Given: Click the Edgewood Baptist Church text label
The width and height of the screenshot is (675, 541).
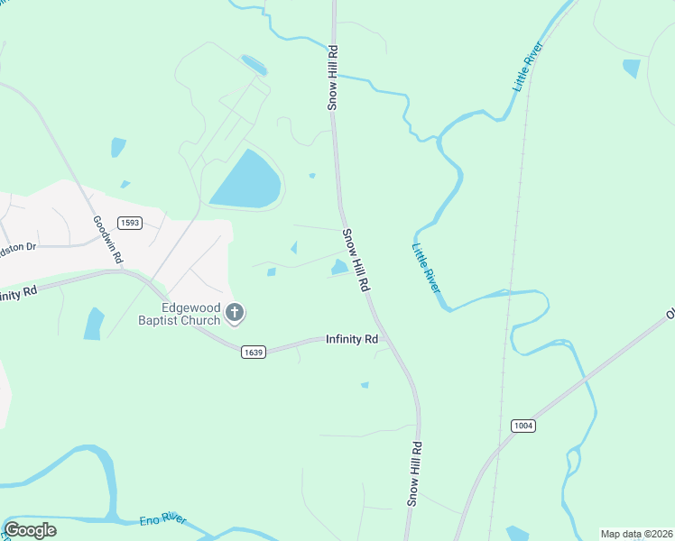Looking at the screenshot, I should click(x=179, y=314).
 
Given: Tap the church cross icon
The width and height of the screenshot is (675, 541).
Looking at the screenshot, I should click(x=235, y=314).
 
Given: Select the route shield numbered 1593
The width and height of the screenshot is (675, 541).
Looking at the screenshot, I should click(x=130, y=223).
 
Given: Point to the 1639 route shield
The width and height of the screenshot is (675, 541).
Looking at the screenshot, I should click(x=254, y=353).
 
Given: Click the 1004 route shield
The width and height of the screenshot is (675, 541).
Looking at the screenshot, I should click(x=523, y=426).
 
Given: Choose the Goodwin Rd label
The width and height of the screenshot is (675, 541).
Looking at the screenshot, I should click(x=107, y=239).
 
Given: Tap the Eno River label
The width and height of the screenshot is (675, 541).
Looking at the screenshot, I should click(x=162, y=520).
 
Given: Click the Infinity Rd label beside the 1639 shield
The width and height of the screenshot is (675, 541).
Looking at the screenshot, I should click(x=351, y=340).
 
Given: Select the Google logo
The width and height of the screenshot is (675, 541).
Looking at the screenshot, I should click(x=30, y=530).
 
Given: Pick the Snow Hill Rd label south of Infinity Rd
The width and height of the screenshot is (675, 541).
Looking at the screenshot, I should click(x=414, y=472).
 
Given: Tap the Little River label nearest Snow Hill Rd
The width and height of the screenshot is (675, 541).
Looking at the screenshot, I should click(x=426, y=268).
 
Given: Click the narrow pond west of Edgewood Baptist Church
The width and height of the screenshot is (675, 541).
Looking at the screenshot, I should click(x=94, y=324).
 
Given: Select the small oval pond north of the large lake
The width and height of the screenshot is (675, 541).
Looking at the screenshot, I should click(x=254, y=65).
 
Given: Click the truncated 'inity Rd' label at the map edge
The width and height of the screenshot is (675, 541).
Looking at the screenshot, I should click(x=18, y=293).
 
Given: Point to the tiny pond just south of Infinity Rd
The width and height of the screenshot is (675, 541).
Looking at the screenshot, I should click(x=365, y=385).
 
